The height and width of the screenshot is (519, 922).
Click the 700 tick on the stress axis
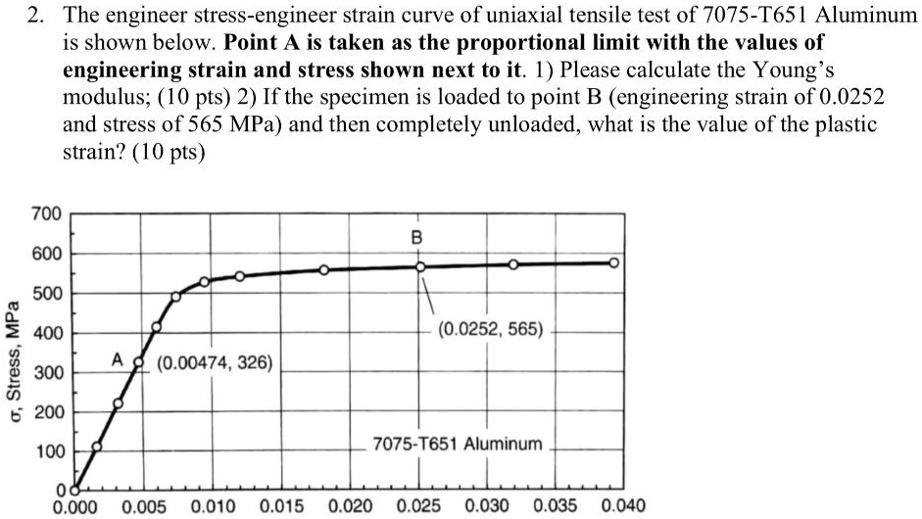[47, 213]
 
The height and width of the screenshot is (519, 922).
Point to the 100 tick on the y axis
[47, 452]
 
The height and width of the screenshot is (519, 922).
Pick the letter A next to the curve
[116, 361]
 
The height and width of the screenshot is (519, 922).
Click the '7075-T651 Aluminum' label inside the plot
[457, 444]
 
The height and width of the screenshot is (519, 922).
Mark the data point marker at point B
[420, 266]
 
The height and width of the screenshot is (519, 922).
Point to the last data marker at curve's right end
[613, 262]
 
